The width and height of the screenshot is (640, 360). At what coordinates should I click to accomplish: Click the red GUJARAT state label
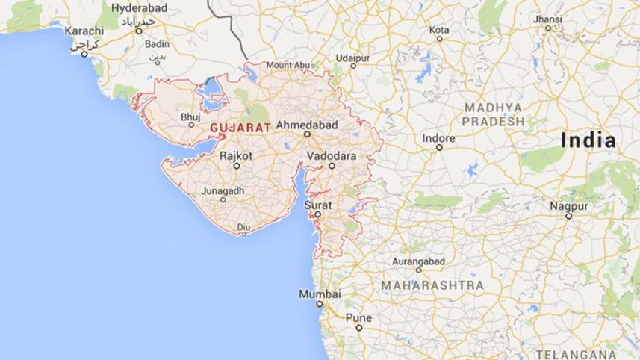pos(240,128)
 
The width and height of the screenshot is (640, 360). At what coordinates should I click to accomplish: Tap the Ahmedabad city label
pos(307,124)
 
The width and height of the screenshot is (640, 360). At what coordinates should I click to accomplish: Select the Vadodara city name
pos(331,156)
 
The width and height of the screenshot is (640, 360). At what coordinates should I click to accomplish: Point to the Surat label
pos(317,203)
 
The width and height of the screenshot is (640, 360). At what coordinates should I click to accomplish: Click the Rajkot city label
pos(236,156)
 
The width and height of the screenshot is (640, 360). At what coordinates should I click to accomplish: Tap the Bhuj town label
pos(190,117)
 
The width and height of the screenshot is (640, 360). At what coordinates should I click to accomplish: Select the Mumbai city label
pos(320,294)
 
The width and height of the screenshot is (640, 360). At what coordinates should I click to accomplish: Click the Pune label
pos(358,317)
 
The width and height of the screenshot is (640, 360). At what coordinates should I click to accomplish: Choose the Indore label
pos(438,138)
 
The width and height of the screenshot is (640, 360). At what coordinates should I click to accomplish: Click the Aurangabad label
pos(419,261)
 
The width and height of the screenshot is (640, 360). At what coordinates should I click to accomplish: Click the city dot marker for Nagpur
pos(568,216)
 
